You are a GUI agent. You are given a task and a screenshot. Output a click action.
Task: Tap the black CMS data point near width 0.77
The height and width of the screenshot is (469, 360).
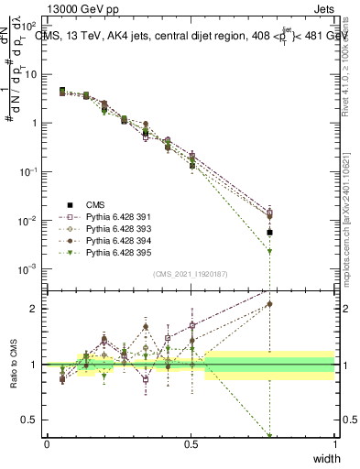tap(269, 233)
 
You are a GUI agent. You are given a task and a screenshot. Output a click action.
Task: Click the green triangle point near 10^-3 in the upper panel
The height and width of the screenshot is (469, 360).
tap(269, 278)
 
